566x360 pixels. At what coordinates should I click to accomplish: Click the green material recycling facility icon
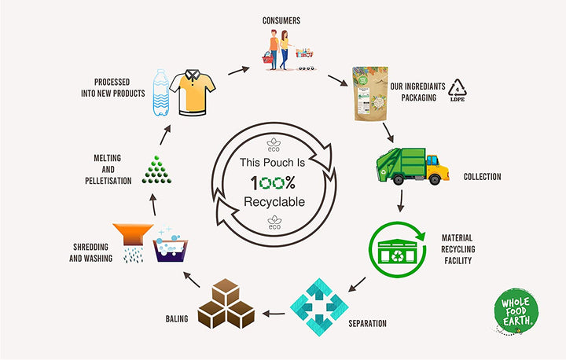tap(397, 250)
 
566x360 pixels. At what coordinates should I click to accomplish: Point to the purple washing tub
tap(174, 247)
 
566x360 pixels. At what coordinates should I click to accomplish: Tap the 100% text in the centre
tap(274, 182)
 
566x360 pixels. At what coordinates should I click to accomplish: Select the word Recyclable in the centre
tap(274, 201)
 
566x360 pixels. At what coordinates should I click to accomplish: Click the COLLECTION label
tap(482, 177)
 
